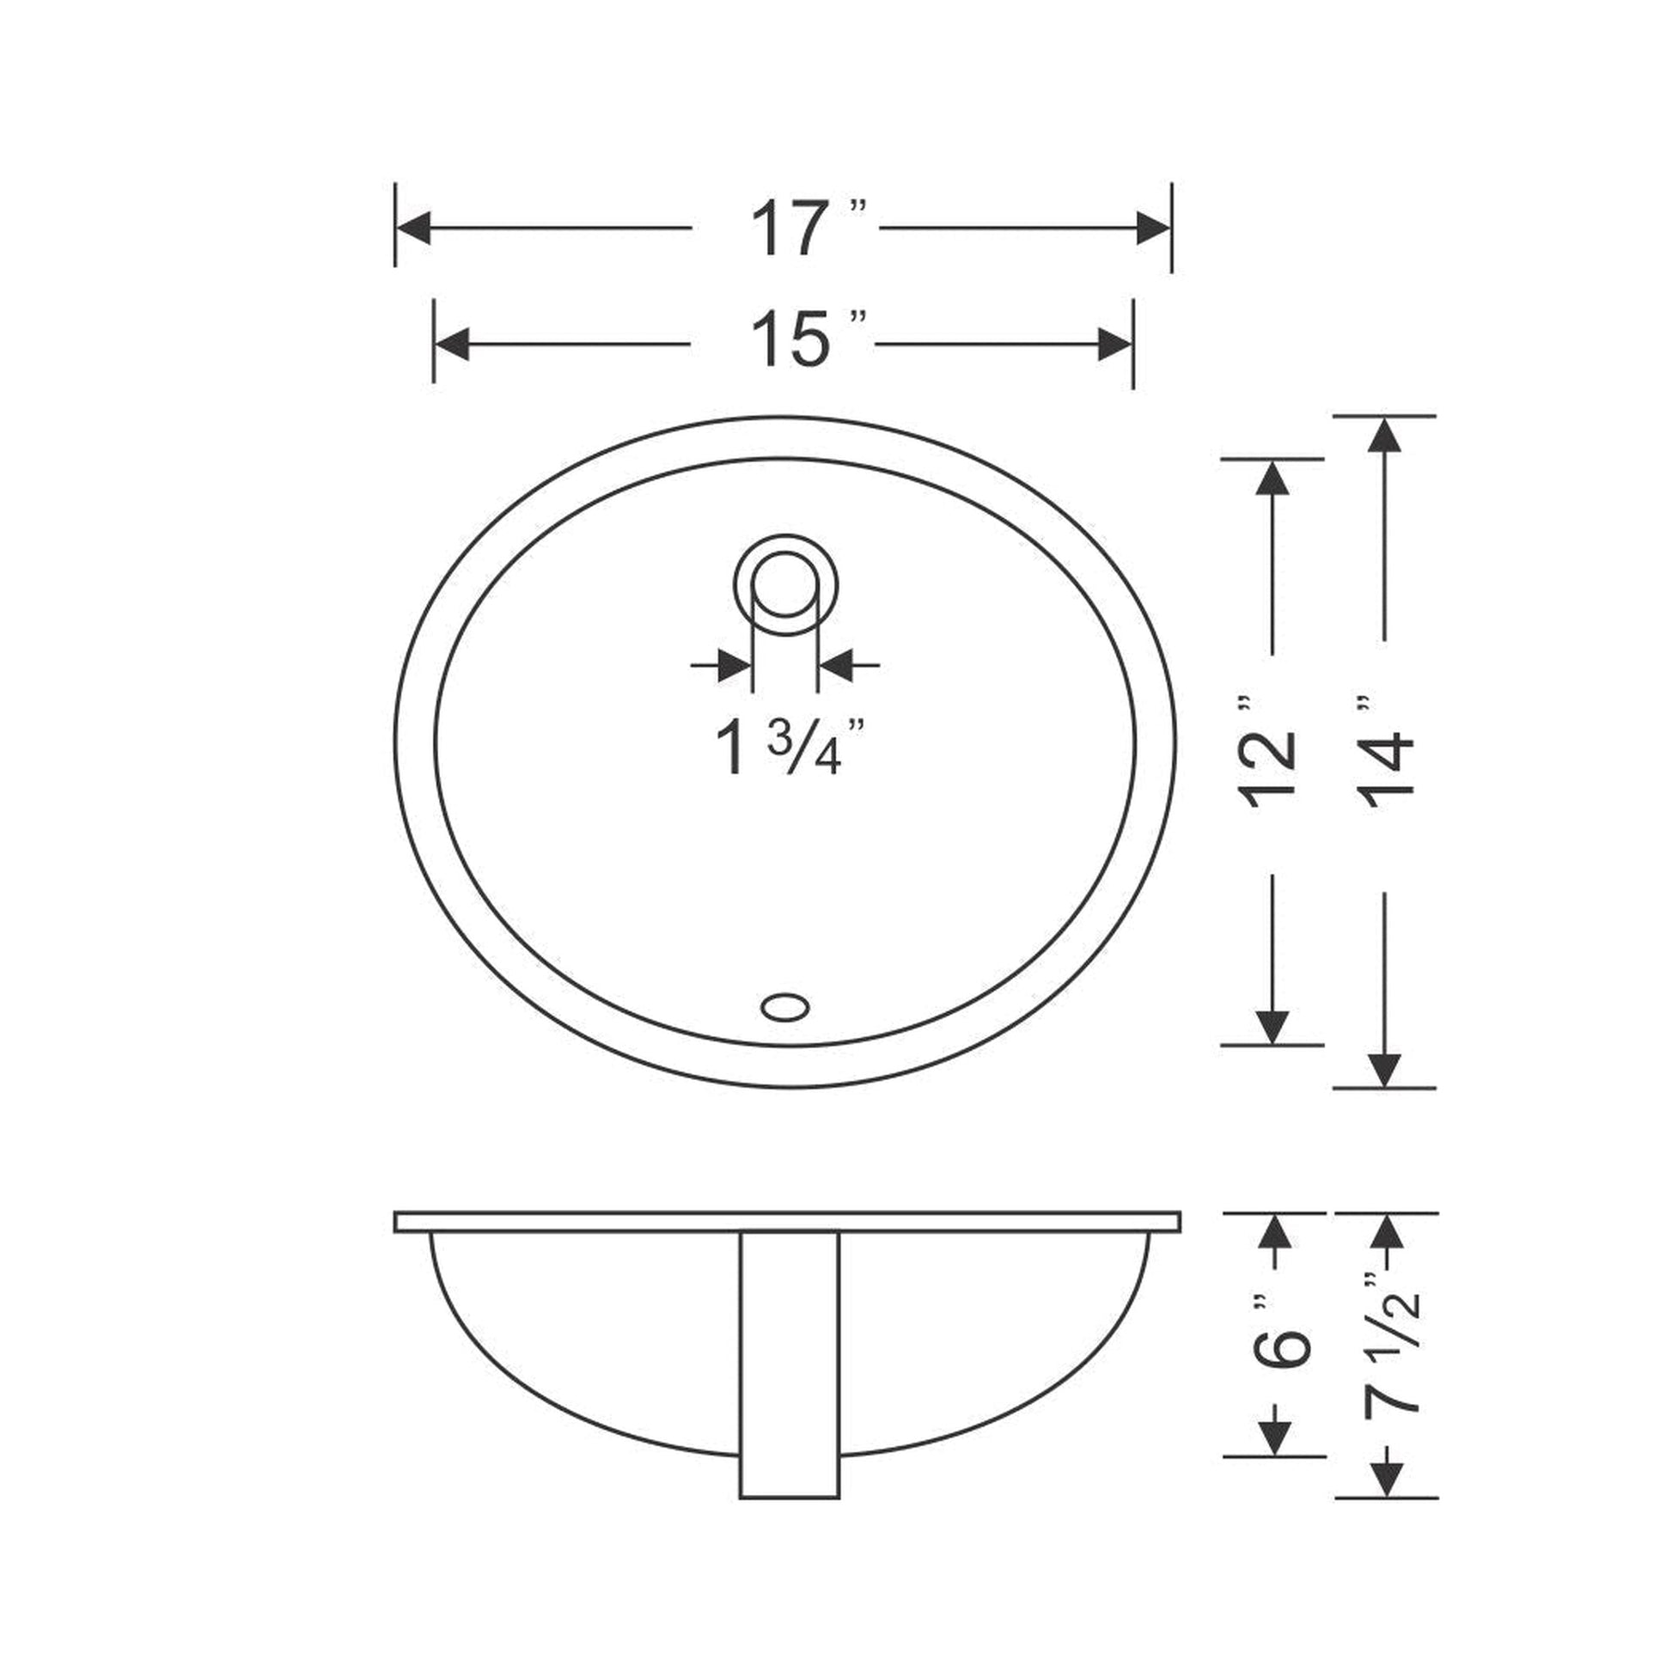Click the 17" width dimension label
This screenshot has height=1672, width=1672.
pos(805,229)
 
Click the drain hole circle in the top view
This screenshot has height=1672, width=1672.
pos(785,586)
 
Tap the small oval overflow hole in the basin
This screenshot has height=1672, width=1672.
pos(785,1006)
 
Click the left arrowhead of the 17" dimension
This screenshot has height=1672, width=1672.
pos(413,229)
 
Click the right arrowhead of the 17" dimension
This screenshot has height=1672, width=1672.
pos(1153,229)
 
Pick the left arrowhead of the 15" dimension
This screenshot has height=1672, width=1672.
pos(452,345)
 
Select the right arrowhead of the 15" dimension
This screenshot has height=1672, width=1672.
pos(1114,345)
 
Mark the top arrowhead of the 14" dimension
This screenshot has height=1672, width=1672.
pos(1385,435)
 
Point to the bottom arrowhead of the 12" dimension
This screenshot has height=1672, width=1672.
pos(1272,1028)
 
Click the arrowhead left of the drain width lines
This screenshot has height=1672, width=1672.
pos(734,666)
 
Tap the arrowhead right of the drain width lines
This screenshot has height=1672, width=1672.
pos(836,666)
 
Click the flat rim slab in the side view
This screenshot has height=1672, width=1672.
pos(787,1222)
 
